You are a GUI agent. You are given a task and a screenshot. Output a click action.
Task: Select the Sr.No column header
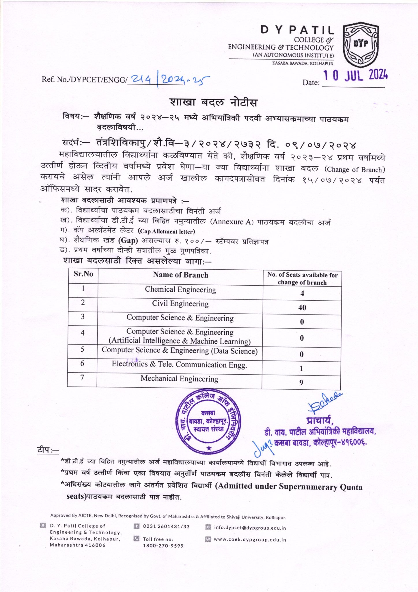click(x=83, y=274)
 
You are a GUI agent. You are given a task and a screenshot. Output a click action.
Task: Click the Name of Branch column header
click(x=180, y=275)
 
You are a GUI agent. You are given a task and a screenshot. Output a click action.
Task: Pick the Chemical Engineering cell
click(x=180, y=290)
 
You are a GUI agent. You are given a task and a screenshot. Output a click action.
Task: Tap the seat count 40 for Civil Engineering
click(x=302, y=308)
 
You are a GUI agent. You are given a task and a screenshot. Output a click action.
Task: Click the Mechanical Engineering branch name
click(x=179, y=379)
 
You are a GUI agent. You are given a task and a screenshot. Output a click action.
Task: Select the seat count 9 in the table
click(x=301, y=383)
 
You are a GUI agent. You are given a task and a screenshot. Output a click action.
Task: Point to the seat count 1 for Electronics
click(x=301, y=368)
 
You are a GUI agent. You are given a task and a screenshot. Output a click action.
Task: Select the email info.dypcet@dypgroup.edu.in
click(x=250, y=528)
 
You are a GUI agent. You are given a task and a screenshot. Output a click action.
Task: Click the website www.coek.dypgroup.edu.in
click(x=250, y=540)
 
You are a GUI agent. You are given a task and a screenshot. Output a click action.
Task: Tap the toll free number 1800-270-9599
click(x=163, y=546)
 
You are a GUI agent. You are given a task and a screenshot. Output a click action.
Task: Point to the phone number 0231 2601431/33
click(x=166, y=526)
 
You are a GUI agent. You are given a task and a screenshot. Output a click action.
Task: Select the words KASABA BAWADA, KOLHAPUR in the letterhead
click(x=303, y=64)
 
